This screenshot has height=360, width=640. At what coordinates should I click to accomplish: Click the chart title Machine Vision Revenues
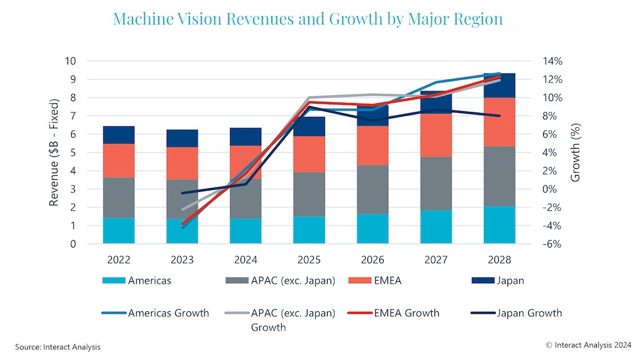[x=307, y=18]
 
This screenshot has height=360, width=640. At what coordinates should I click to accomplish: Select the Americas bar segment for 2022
[x=119, y=231]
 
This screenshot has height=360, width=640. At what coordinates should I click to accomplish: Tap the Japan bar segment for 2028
[x=500, y=86]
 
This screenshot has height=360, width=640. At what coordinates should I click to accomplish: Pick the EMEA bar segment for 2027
[x=436, y=135]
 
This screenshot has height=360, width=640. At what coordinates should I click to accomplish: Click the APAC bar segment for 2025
[x=309, y=194]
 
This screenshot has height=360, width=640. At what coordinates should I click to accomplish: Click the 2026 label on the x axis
[x=373, y=259]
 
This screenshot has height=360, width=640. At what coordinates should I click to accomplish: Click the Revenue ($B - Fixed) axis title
[x=54, y=152]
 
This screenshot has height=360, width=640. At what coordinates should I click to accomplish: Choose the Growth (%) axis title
[x=576, y=152]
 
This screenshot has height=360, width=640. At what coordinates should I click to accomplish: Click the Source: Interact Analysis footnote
[x=57, y=347]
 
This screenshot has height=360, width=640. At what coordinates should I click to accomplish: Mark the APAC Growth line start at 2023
[x=182, y=209]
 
